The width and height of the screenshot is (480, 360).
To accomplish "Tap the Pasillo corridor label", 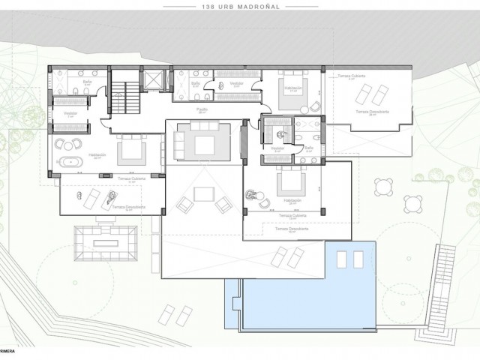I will (202, 110).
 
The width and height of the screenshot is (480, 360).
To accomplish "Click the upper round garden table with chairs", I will (385, 184).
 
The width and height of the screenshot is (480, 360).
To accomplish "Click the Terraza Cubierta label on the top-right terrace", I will (351, 76).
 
